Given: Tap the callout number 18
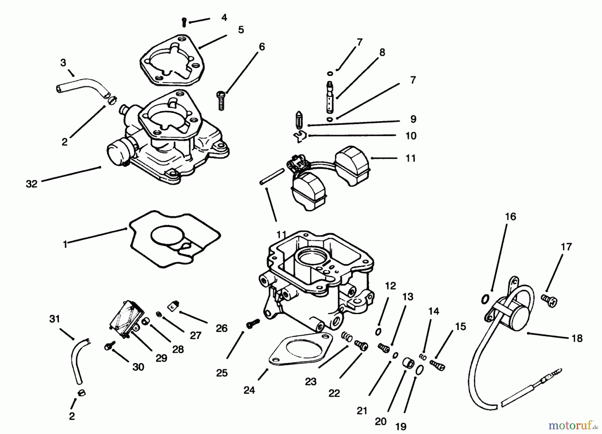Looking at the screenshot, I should pyautogui.click(x=577, y=338).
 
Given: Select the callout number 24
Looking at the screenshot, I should pyautogui.click(x=249, y=390).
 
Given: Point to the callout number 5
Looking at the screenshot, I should pyautogui.click(x=241, y=30).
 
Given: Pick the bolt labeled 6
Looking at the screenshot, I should pyautogui.click(x=221, y=99).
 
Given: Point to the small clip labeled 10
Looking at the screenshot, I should pyautogui.click(x=300, y=136).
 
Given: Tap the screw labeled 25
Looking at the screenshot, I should pyautogui.click(x=253, y=324).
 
